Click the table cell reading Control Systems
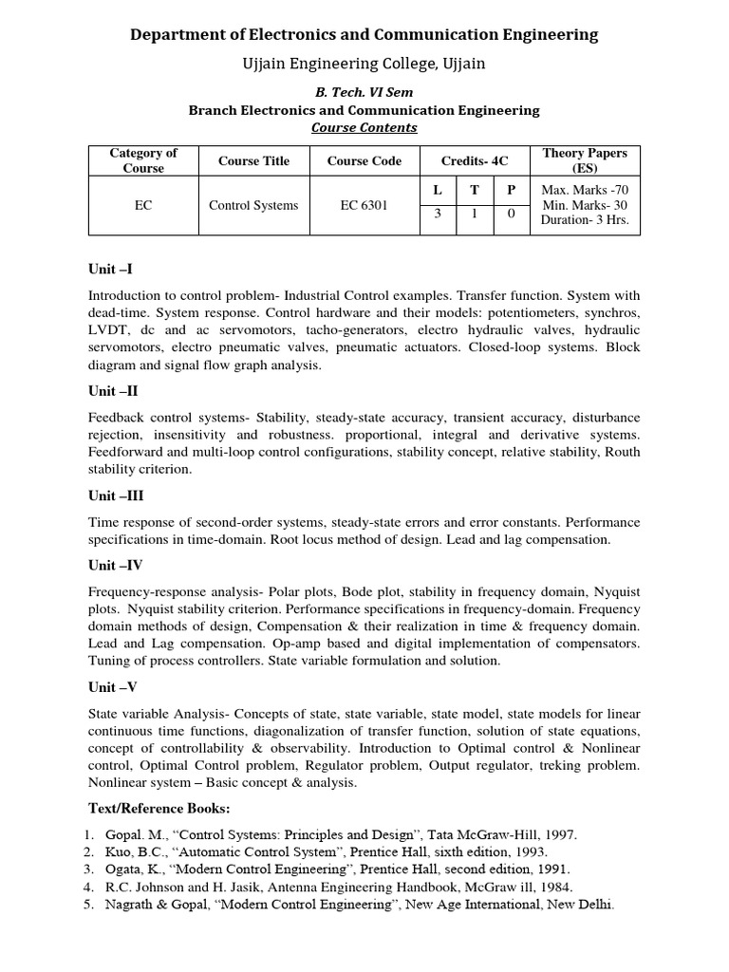point(253,205)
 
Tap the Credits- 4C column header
point(475,160)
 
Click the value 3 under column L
point(438,214)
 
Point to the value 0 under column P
point(511,214)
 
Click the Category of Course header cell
point(143,160)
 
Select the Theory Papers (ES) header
point(585,160)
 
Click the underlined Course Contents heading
point(364,127)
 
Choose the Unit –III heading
point(116,495)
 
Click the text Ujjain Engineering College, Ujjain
point(364,63)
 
